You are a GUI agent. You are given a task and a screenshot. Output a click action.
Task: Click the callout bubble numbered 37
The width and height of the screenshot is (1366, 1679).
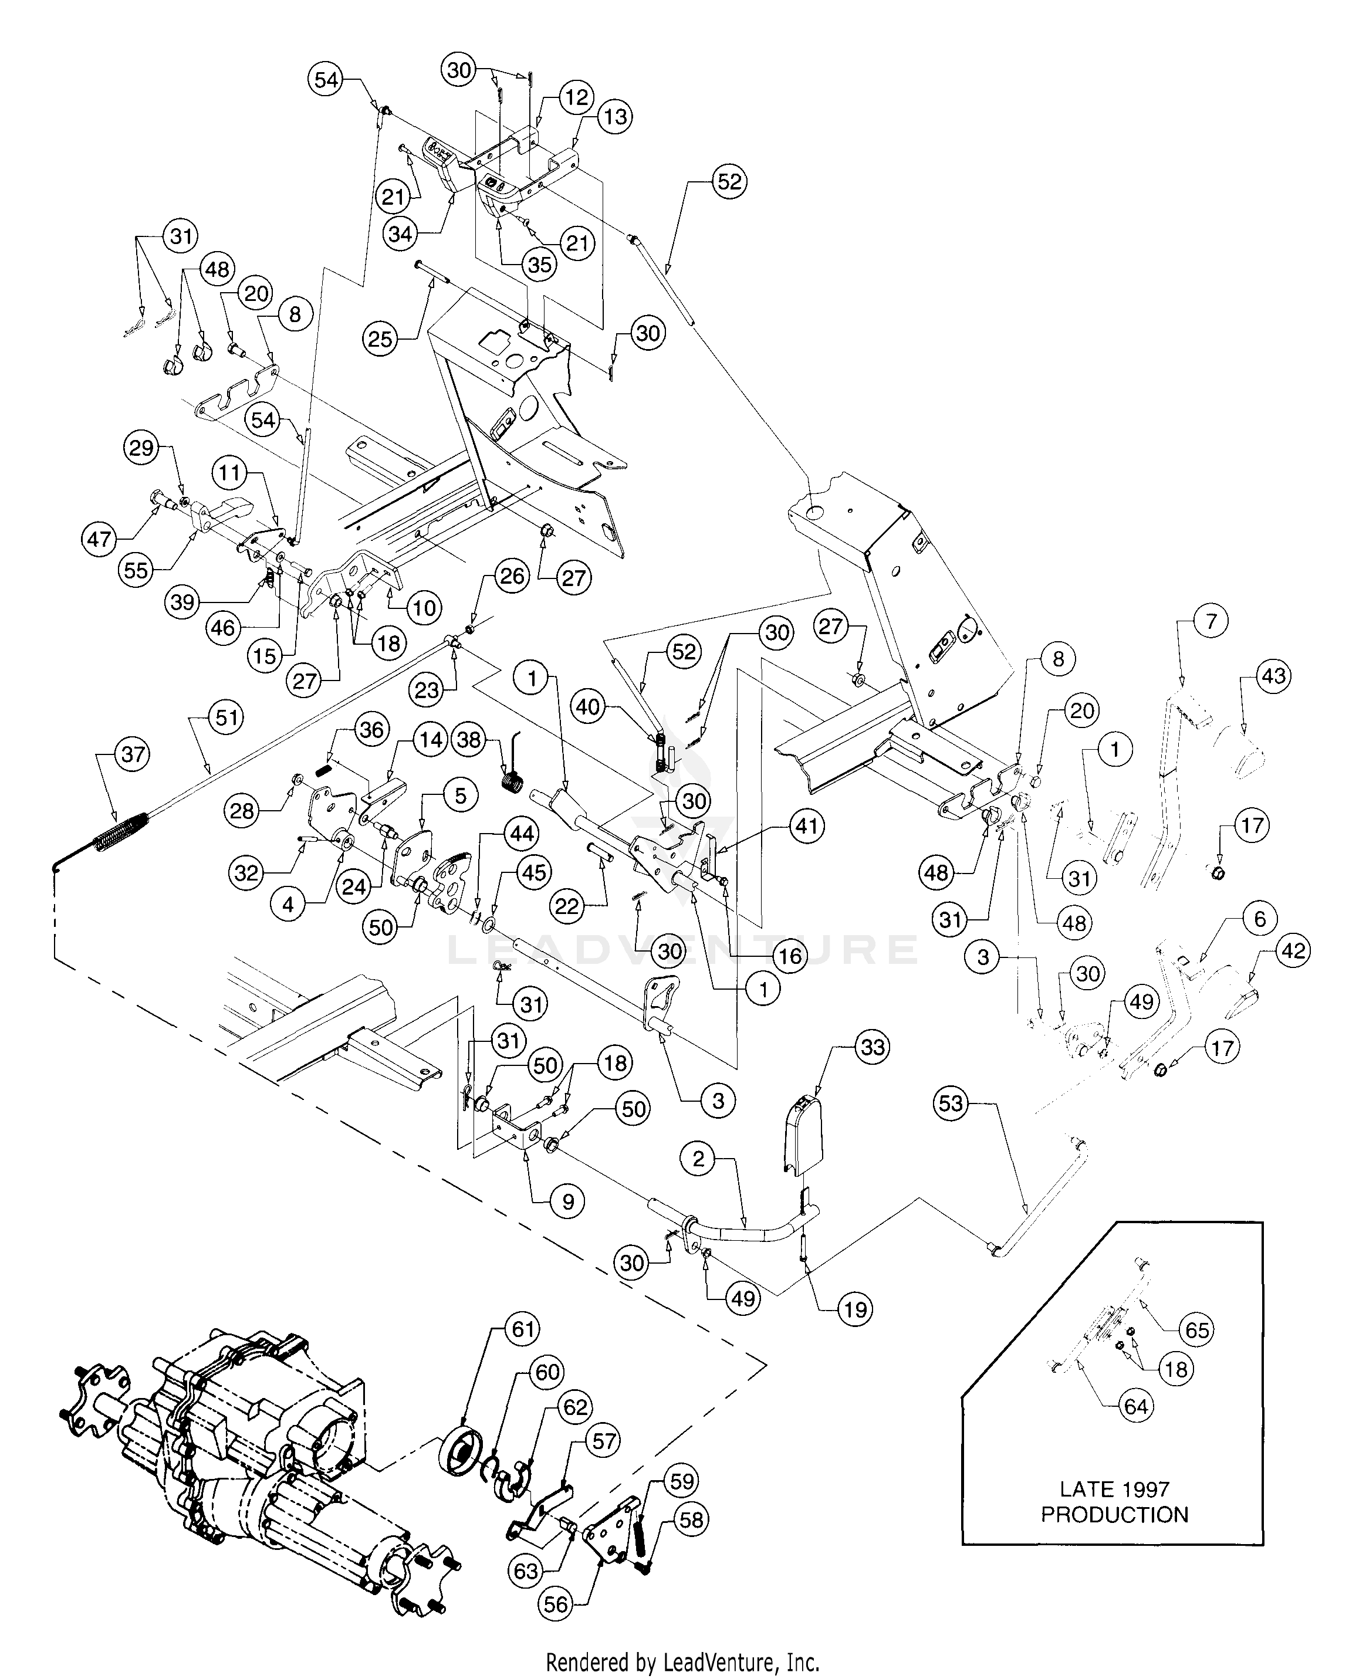tap(131, 754)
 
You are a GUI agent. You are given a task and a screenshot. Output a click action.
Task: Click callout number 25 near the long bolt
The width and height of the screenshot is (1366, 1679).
tap(380, 339)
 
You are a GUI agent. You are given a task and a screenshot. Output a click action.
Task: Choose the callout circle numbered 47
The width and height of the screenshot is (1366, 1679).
tap(100, 539)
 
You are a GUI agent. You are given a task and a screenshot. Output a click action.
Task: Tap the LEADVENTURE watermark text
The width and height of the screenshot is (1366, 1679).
tap(681, 950)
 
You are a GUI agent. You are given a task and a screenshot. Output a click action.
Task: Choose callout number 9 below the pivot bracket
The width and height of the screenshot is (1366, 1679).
tap(568, 1201)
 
